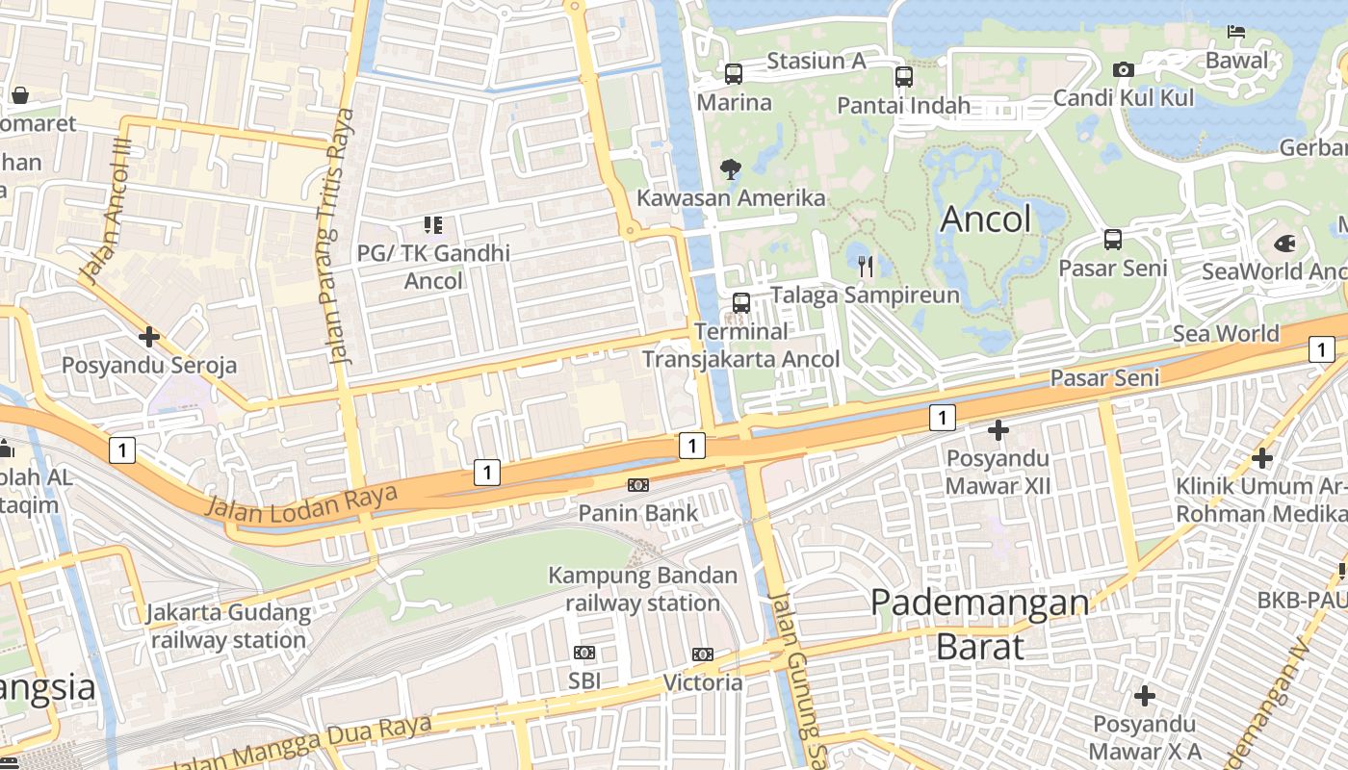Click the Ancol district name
point(985,219)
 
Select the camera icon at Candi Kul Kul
point(1123,69)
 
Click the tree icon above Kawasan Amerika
point(731,169)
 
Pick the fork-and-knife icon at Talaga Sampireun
point(865,266)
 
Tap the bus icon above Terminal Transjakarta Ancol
point(741,302)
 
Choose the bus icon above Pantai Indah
point(903,77)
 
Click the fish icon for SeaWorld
point(1284,243)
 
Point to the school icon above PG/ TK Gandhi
point(433,225)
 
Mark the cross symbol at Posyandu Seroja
point(148,337)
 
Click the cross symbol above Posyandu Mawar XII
point(998,429)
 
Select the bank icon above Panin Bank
point(637,485)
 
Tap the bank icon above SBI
point(583,653)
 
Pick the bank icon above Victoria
point(703,654)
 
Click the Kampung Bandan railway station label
point(642,589)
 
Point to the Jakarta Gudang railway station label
point(228,626)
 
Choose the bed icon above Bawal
point(1236,33)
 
